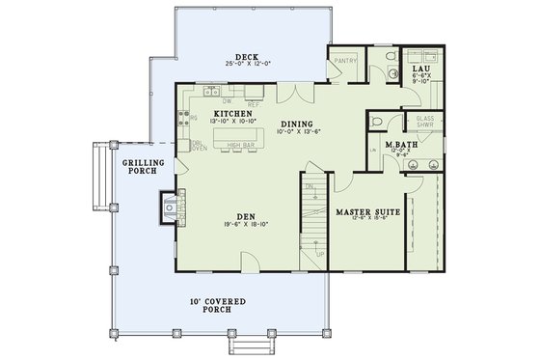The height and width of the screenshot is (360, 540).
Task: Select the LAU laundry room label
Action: (420, 70)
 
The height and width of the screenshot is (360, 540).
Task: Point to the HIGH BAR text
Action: (241, 146)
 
